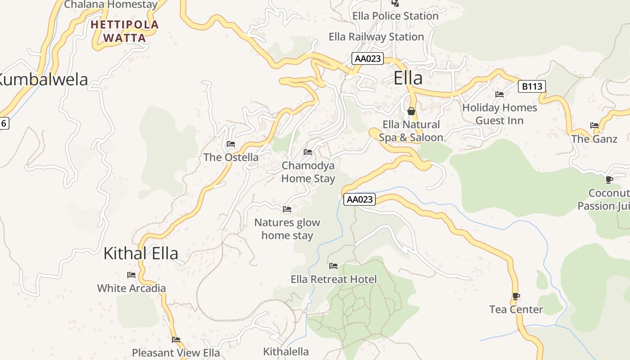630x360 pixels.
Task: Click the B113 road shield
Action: click(x=532, y=86)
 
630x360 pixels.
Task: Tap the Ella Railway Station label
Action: click(x=376, y=37)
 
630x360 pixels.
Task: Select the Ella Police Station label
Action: click(x=395, y=16)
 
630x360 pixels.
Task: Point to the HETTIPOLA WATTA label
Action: click(x=125, y=31)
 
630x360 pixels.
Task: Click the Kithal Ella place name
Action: click(x=141, y=253)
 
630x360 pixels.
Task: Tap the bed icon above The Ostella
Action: click(x=231, y=144)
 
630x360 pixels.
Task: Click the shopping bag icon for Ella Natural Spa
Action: click(x=411, y=111)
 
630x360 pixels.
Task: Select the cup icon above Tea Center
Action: click(x=516, y=296)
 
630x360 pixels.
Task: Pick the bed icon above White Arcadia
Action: click(x=131, y=275)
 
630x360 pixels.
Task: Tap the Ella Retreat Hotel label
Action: click(x=333, y=279)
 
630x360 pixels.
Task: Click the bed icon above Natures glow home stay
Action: click(x=287, y=209)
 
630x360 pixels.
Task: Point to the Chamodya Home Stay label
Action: click(x=308, y=172)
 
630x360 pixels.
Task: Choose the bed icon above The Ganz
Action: click(x=594, y=126)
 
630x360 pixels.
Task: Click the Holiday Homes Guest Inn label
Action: click(x=499, y=114)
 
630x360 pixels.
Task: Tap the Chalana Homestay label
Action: click(x=111, y=5)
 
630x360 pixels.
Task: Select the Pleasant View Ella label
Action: click(x=176, y=352)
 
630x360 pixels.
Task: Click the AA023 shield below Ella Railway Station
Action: click(x=368, y=58)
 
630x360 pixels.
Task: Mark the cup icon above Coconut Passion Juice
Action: click(x=609, y=180)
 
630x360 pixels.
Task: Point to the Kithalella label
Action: click(x=286, y=351)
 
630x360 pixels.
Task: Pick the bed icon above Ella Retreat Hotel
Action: click(x=333, y=266)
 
